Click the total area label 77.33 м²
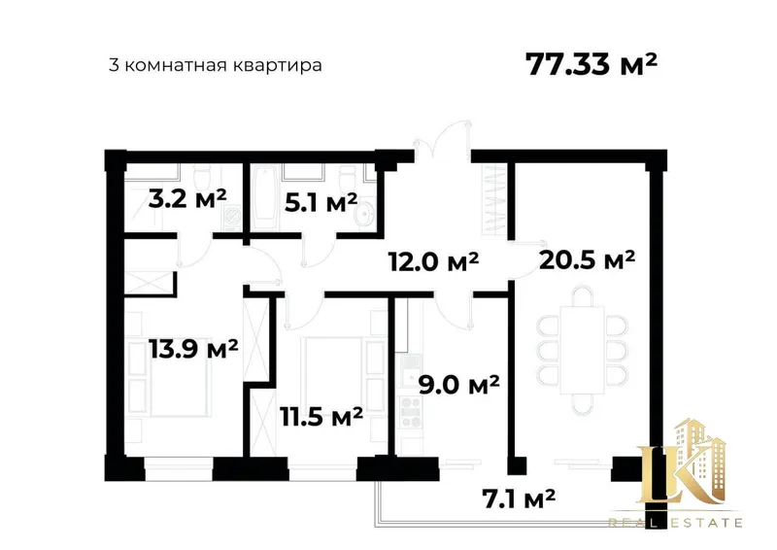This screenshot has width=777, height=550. coord(591,64)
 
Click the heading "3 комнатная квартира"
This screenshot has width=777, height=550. coord(215,65)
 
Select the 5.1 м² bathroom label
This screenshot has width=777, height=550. coord(321,202)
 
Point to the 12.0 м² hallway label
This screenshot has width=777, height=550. coord(433,260)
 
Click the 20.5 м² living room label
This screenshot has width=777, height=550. coord(588,258)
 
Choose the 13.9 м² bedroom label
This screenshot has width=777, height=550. coord(193,349)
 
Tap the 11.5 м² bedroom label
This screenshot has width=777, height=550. coord(321,416)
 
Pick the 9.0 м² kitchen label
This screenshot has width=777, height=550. coord(458,385)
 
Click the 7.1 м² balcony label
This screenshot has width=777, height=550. coord(519,498)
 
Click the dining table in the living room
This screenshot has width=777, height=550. coord(582,350)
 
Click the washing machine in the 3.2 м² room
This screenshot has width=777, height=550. coord(230,218)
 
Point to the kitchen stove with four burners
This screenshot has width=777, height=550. coord(411,411)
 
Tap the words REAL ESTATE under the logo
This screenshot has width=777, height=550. coord(675,522)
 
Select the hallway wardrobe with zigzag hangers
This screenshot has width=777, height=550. coord(495,198)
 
